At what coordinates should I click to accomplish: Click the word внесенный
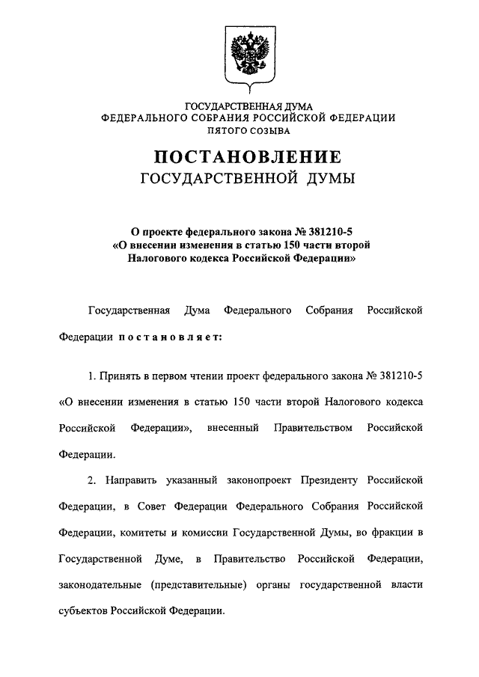[x=231, y=427]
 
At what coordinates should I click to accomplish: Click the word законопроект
[x=249, y=480]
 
